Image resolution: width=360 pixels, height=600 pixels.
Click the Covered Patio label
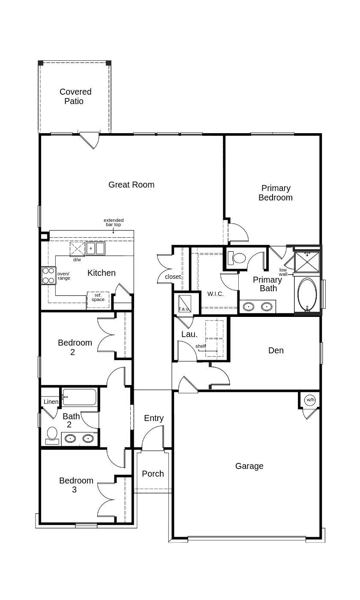point(75,96)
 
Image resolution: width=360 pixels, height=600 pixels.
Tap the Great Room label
point(131,185)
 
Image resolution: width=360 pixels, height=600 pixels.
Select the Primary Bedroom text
point(276,193)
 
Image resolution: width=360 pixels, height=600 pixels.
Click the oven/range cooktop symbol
point(48,275)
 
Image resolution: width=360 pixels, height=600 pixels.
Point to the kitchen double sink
point(95,248)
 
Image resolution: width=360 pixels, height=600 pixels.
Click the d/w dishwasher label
point(77,260)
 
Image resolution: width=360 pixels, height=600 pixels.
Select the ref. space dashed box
point(98,299)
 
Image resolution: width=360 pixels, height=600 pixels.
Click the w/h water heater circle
point(310,400)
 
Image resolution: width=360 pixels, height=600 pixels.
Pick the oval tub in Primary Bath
point(307,294)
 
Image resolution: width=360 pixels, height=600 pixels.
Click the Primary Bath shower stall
point(307,262)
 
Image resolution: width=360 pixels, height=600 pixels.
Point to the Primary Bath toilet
point(236,258)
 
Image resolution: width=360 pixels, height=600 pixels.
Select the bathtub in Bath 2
point(80,397)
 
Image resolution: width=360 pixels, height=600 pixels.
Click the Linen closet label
point(51,402)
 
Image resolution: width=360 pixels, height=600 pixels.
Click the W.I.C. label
point(215,294)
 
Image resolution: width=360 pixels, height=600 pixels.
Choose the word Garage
point(249,466)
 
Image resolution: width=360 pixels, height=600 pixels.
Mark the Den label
point(276,350)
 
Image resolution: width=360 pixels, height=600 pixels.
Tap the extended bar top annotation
point(114,222)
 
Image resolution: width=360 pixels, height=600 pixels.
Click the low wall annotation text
point(283,272)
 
